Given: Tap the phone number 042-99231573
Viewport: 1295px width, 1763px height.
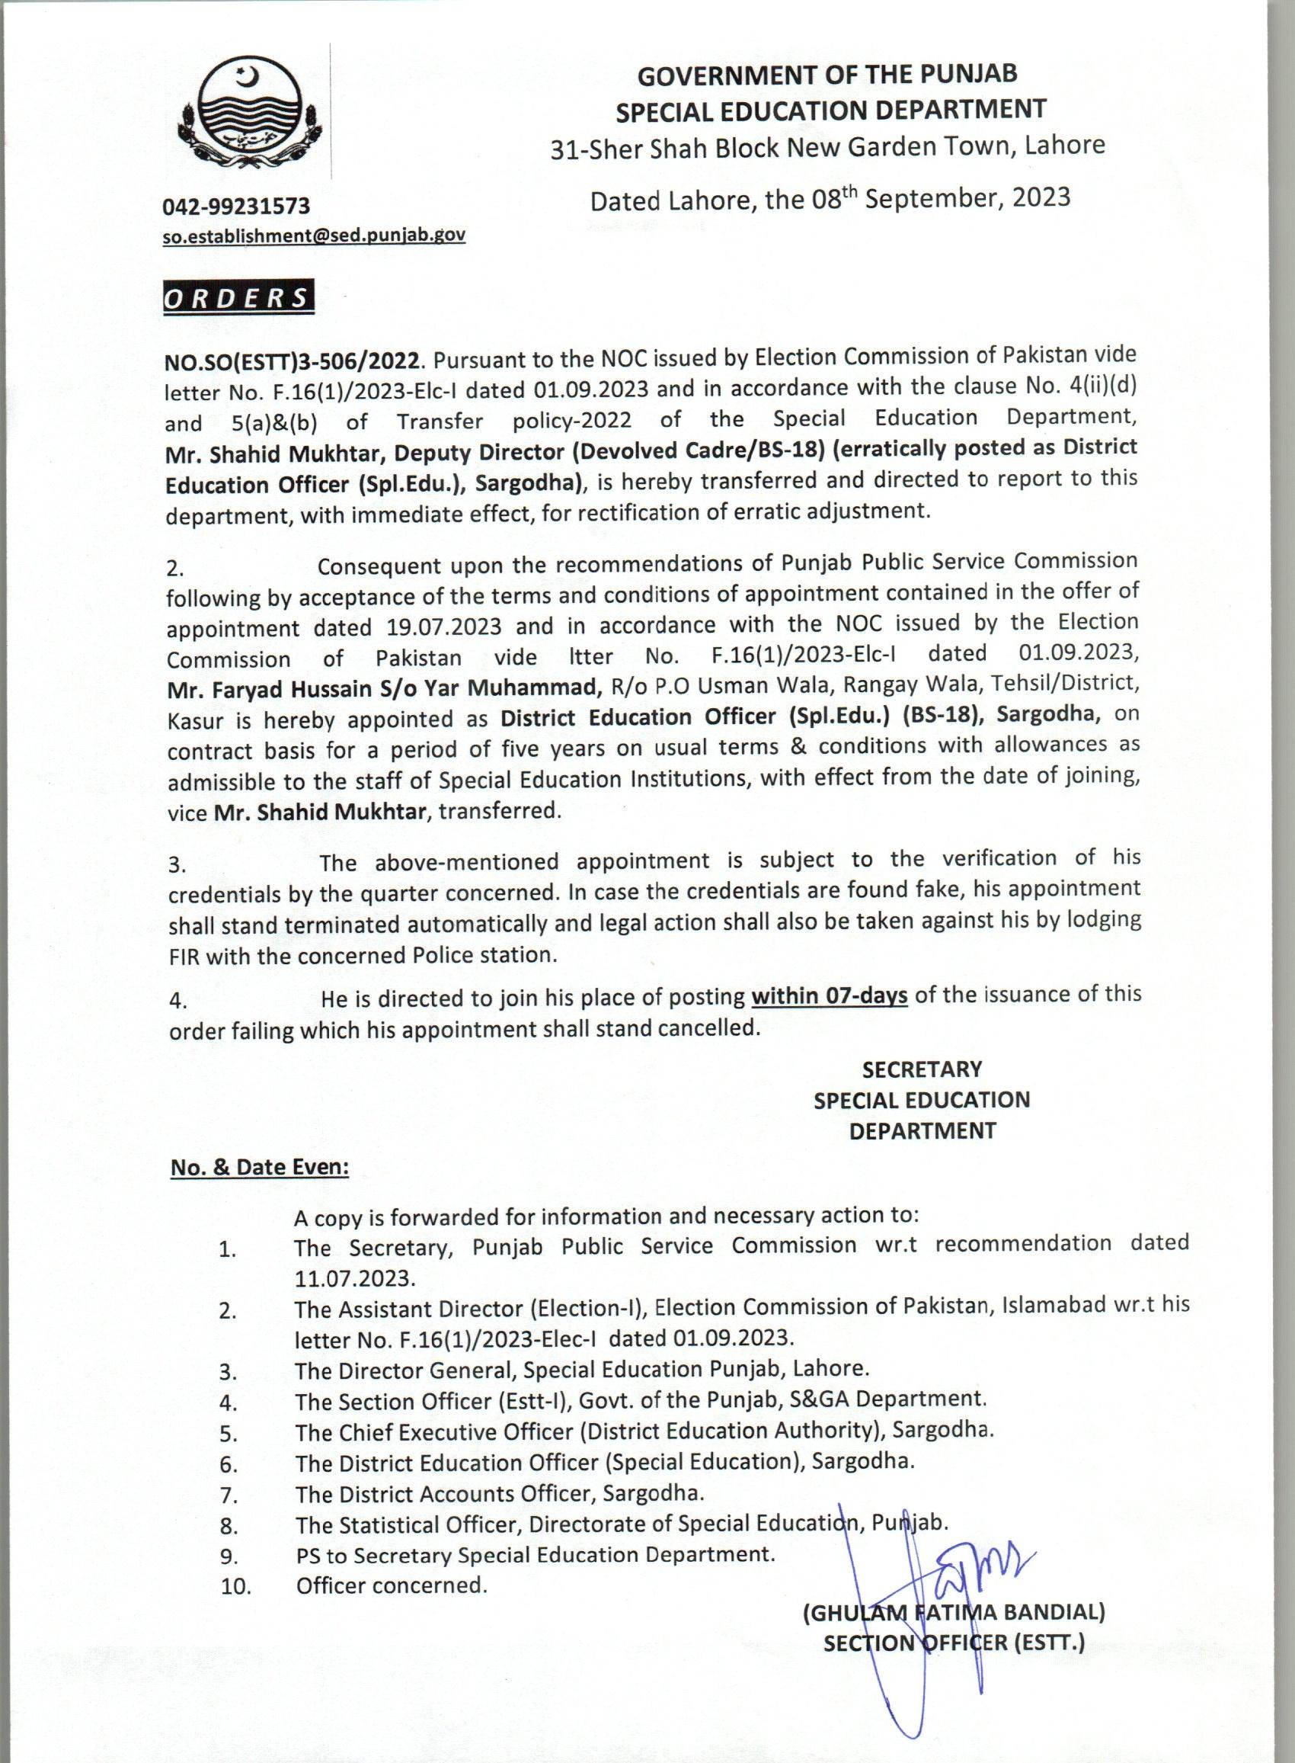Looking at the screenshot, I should coord(236,207).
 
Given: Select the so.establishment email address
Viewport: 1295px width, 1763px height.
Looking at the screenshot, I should coord(314,236).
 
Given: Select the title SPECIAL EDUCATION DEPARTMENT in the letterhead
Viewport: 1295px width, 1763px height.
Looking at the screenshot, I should coord(830,111).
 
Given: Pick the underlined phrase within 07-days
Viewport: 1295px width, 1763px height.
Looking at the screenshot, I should coord(829,996).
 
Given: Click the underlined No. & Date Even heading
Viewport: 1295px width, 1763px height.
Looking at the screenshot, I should coord(260,1167).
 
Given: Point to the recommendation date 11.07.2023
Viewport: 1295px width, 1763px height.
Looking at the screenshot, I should coord(353,1277).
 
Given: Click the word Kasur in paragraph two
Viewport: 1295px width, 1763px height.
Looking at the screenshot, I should coord(193,720).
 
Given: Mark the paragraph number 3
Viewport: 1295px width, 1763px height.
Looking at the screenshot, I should coord(177,865).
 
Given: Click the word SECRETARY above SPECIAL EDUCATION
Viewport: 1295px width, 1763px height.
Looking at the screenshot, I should coord(921,1069).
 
